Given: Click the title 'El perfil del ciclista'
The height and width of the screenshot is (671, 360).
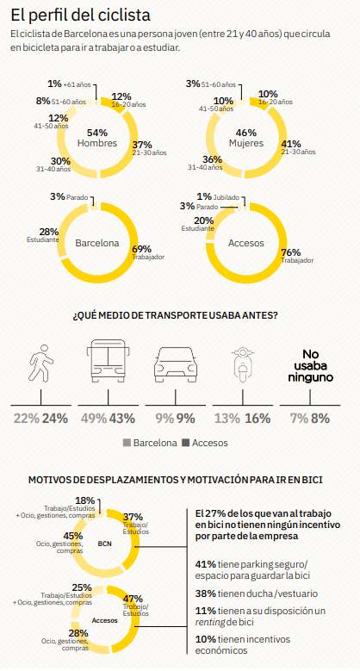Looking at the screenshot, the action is (x=80, y=16).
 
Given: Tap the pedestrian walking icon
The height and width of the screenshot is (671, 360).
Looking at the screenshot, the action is (x=41, y=363).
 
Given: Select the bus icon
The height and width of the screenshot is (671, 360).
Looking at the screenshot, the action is (x=108, y=361).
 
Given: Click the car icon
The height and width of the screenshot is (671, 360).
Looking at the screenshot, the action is (x=176, y=364).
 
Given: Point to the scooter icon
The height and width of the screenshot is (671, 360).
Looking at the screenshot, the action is (x=243, y=365).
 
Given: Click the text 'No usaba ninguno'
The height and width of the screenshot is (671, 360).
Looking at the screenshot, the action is (x=310, y=366).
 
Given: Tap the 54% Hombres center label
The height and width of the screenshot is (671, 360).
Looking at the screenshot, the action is (x=97, y=138).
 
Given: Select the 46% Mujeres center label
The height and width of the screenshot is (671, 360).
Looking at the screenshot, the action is (x=246, y=138).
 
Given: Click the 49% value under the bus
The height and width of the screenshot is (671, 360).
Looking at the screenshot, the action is (x=94, y=418).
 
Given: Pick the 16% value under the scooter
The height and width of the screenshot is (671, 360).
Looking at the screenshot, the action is (x=258, y=418).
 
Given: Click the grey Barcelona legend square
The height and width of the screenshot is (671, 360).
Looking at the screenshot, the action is (x=127, y=443).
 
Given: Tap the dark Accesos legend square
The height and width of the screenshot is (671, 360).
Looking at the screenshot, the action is (x=185, y=443).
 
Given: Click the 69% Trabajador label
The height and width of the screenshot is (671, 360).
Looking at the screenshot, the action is (x=148, y=252).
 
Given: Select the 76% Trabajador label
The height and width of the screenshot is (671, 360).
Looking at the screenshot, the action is (x=297, y=256).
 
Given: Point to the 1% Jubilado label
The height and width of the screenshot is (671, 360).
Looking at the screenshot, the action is (x=218, y=197).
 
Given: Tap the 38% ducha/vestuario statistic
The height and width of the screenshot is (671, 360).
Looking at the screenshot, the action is (x=257, y=593).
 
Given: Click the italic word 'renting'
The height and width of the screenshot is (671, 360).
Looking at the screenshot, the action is (x=210, y=622).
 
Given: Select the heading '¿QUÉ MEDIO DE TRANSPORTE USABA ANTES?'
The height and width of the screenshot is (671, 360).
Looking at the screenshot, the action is (x=176, y=316).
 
